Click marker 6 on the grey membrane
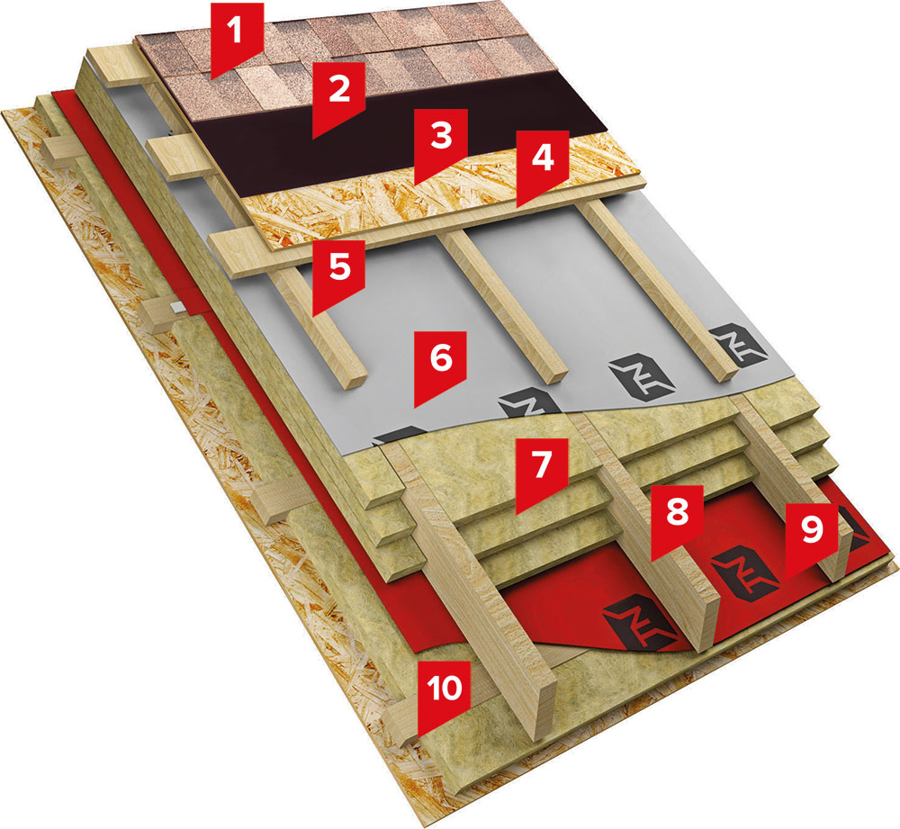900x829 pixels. (x=439, y=359)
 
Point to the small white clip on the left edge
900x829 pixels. (x=177, y=310)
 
